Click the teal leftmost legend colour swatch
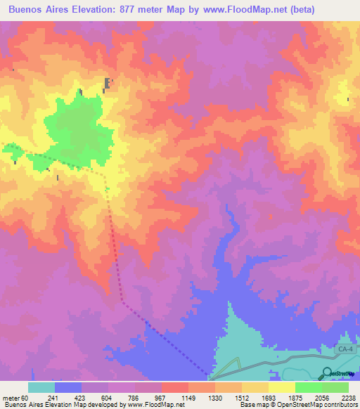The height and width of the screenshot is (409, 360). click(x=41, y=387)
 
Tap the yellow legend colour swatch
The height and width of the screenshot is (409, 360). click(x=281, y=387)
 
